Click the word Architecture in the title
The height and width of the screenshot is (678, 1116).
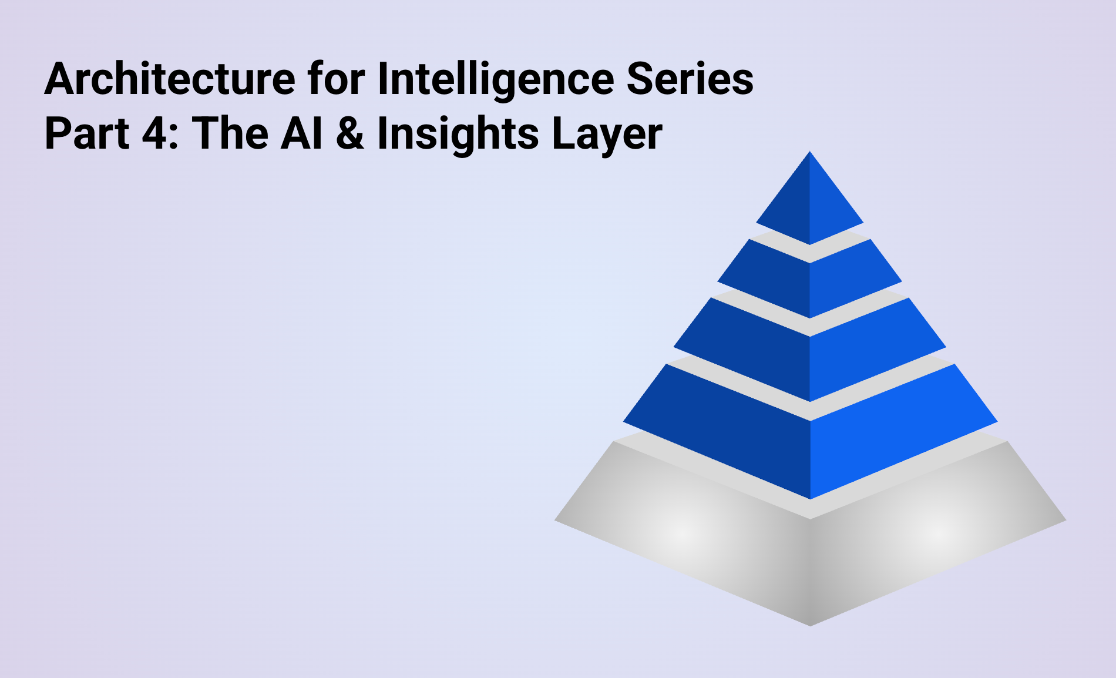pos(170,79)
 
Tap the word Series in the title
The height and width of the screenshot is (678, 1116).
pos(691,79)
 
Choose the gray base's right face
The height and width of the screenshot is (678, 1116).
pos(937,529)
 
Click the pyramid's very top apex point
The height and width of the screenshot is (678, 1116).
pos(810,152)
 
